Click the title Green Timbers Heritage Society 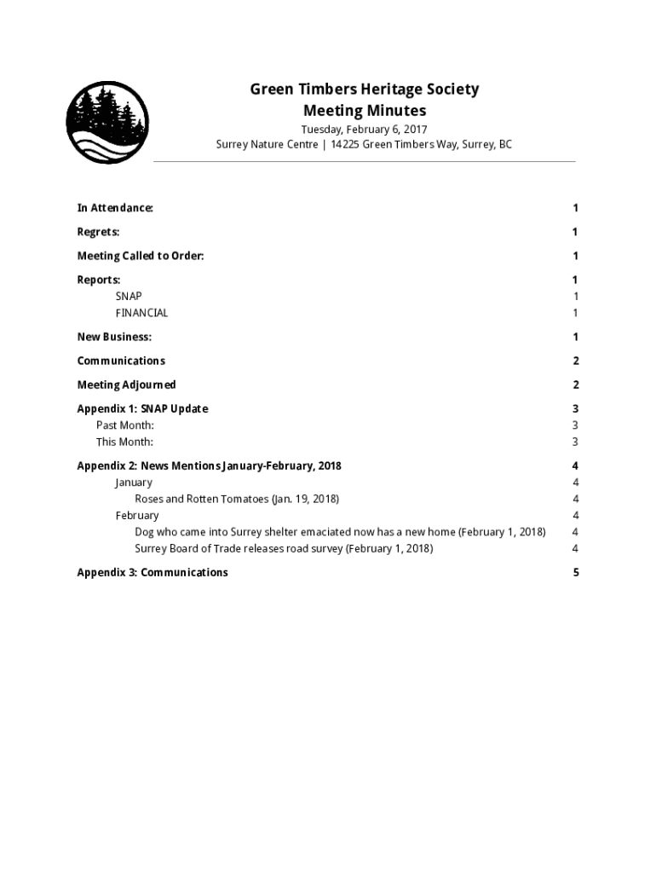pos(364,90)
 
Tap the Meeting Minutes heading pos(364,111)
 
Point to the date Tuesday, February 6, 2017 pos(364,130)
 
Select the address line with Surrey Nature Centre pos(364,145)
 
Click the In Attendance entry pos(115,208)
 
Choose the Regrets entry pos(98,232)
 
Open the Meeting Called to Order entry pos(141,256)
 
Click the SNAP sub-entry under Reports pos(129,297)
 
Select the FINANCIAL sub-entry pos(141,313)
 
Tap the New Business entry pos(114,337)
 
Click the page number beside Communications pos(576,361)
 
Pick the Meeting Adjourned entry pos(126,384)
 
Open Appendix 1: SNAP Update pos(142,408)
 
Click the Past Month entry pos(124,425)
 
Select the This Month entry pos(124,442)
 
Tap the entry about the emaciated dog pos(340,532)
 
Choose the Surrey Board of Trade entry pos(284,548)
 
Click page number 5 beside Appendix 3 pos(576,573)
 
